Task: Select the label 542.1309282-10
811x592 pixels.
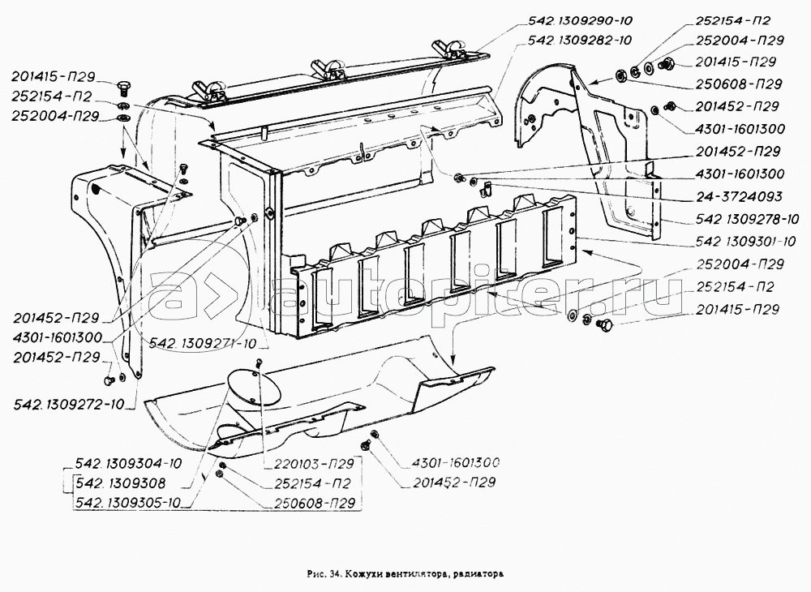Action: (579, 40)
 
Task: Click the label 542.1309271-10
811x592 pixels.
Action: (204, 344)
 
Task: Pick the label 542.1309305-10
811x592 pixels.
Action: (128, 504)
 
